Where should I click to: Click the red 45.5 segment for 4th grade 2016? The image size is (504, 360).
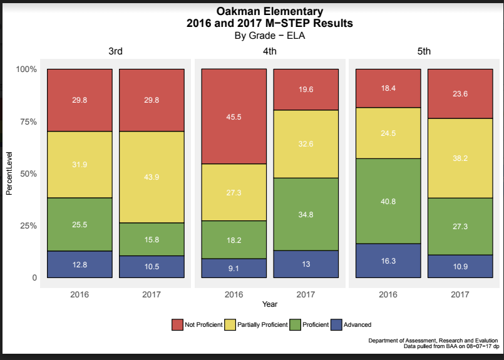[234, 116]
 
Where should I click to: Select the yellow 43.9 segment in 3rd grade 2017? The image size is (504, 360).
[152, 177]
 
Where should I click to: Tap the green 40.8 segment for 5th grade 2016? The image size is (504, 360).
[388, 201]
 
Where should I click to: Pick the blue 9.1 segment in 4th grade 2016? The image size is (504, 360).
[234, 268]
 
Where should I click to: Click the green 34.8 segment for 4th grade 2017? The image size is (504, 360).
[306, 214]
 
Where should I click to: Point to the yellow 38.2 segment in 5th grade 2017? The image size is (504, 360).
[460, 158]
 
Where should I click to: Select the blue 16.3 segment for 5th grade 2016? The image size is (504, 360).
[388, 260]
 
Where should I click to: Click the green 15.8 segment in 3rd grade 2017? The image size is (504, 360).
[152, 239]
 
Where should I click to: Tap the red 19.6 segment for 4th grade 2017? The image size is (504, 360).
[306, 90]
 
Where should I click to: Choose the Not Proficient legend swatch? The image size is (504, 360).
[178, 324]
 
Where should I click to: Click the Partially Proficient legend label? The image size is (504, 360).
[262, 324]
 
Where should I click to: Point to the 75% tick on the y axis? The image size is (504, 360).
[26, 121]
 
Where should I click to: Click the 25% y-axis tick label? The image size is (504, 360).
[26, 225]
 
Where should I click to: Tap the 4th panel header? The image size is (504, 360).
[269, 51]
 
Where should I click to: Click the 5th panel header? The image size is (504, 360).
[424, 51]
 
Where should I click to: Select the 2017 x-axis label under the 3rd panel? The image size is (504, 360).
[152, 294]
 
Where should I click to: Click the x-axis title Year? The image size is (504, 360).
[270, 304]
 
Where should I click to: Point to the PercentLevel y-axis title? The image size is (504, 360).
[9, 173]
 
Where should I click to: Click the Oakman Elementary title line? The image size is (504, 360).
[269, 12]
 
